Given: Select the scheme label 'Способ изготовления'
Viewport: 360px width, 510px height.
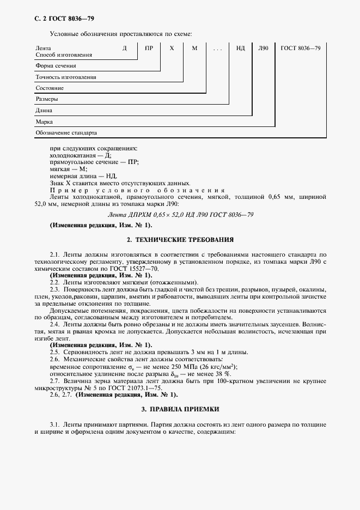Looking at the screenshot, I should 64,55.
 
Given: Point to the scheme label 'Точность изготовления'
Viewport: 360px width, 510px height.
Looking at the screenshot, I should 66,77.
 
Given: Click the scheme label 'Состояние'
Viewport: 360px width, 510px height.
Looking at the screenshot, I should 50,88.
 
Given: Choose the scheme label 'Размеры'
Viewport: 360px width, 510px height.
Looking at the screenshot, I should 47,100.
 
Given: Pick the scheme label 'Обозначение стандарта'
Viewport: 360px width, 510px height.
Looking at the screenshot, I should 66,133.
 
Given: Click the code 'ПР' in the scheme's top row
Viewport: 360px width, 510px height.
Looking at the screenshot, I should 149,48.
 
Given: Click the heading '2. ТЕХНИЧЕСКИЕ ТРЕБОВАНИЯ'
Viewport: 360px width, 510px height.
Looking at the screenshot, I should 180,239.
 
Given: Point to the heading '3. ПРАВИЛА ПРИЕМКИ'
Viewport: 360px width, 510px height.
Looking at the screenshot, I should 180,409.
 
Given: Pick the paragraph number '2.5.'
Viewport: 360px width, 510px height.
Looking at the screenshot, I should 55,352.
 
